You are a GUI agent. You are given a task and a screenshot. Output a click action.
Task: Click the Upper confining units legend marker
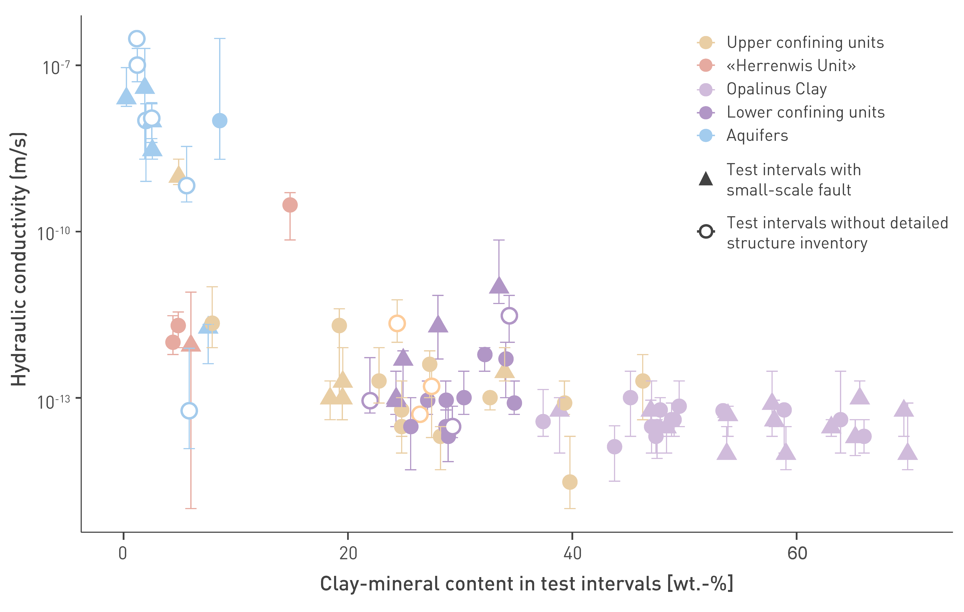(x=706, y=42)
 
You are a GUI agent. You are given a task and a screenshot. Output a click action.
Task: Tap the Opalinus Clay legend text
(x=777, y=89)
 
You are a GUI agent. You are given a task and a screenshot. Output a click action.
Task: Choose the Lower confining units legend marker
(x=706, y=112)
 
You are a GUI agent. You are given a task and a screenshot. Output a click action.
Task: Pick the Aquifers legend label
(x=757, y=136)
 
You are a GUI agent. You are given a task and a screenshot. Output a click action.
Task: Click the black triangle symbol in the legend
(x=706, y=178)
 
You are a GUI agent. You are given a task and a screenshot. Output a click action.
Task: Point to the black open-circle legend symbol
(x=706, y=232)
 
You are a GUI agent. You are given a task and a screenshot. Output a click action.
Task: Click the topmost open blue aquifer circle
(x=137, y=39)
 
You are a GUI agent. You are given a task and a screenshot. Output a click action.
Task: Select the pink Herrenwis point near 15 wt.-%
(x=290, y=205)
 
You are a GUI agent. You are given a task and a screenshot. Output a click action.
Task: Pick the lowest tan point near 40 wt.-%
(x=570, y=482)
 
